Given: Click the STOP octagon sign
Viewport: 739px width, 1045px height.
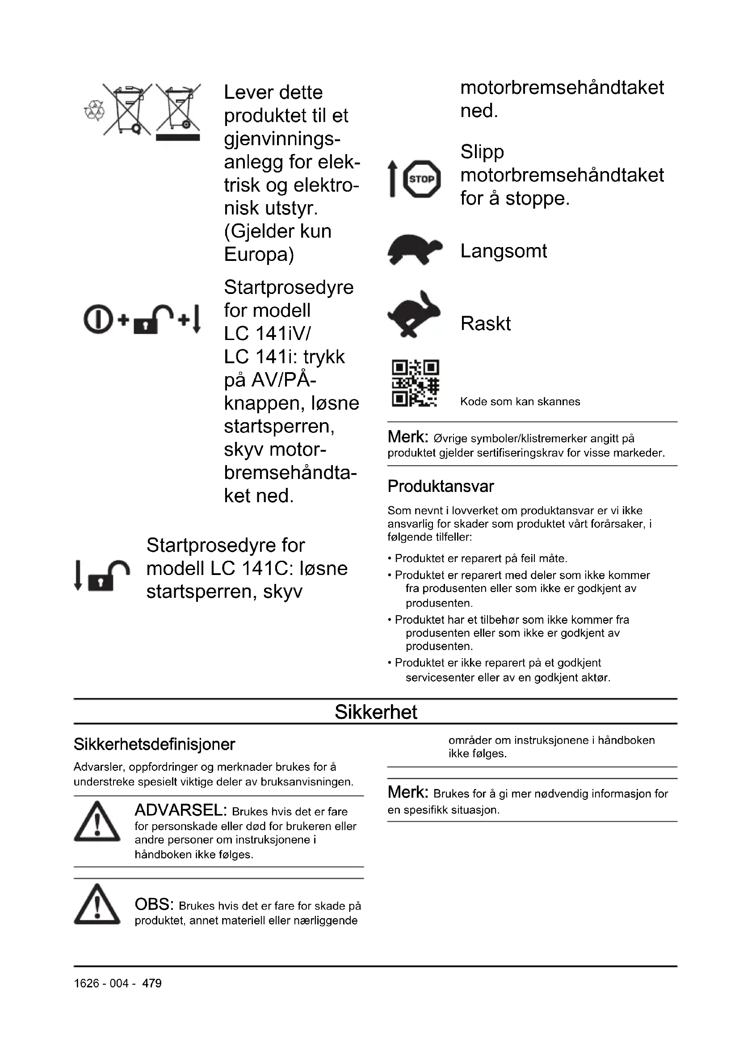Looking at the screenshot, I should [x=422, y=179].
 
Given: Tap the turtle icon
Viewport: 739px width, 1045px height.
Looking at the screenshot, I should [x=415, y=249].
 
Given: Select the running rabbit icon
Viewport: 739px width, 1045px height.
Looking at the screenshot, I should [x=414, y=315].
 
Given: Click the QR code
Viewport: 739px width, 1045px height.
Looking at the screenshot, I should [x=415, y=383].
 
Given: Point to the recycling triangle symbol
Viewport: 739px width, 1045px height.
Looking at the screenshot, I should [x=94, y=111].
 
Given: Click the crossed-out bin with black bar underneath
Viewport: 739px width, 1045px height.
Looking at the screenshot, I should [x=178, y=112].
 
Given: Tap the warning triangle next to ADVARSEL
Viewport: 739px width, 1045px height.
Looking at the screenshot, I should [x=97, y=822].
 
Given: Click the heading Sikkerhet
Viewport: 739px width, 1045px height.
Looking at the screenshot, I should [x=375, y=712].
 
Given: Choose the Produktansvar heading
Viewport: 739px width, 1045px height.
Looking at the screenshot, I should [x=441, y=487].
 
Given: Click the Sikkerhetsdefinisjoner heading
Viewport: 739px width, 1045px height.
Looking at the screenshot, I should [x=154, y=745].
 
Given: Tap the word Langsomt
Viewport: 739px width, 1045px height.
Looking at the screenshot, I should [x=503, y=251].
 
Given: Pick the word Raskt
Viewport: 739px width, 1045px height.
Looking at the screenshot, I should [x=485, y=323].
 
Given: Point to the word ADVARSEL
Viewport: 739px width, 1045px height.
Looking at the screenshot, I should [x=181, y=810].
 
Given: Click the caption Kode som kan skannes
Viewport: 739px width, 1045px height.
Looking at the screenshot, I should [x=520, y=402].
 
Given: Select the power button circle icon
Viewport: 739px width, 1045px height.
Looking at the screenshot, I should [x=97, y=319].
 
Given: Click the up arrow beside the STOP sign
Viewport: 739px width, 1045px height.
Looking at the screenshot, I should [x=392, y=179].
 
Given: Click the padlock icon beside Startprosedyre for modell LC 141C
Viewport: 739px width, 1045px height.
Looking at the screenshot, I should [x=109, y=576].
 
